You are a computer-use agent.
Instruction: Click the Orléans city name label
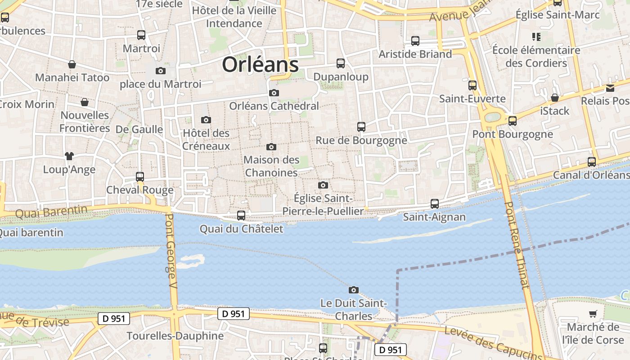260,65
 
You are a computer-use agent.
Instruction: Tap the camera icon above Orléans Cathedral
274,93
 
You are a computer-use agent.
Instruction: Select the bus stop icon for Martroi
141,35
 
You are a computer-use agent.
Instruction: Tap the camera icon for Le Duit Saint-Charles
354,290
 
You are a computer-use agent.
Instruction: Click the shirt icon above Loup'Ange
69,156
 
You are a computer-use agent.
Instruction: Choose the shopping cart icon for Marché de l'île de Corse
593,314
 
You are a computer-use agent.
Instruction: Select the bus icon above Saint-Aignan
434,204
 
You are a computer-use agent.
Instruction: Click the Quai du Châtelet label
242,229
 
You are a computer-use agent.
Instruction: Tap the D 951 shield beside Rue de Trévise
114,319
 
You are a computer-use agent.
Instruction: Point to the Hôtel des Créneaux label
206,139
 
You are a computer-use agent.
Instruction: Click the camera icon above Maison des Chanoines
271,147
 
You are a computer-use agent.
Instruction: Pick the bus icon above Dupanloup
341,63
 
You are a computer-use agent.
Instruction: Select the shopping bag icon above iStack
555,98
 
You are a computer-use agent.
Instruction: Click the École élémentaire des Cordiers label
536,56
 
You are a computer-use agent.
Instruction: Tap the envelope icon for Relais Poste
610,88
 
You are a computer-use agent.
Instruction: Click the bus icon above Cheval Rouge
140,177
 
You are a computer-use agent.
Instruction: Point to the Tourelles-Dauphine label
175,336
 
